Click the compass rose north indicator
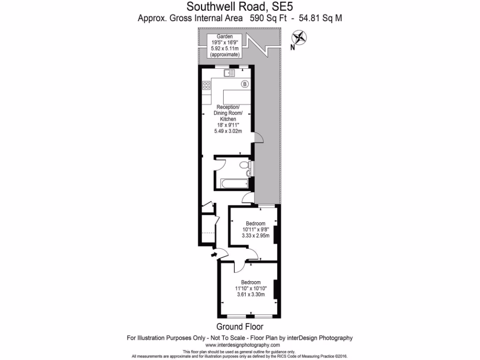(299, 37)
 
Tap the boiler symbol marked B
(245, 84)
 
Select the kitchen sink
(230, 73)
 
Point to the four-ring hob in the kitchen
(206, 85)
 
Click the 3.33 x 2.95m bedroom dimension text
(255, 236)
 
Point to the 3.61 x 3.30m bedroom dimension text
(250, 294)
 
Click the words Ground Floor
(240, 327)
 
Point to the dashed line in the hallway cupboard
(207, 232)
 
